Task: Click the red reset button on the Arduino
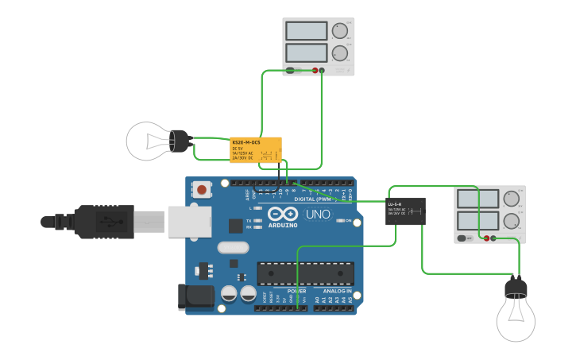click(x=203, y=190)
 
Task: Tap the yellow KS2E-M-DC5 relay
click(x=256, y=149)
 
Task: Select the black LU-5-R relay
click(x=405, y=211)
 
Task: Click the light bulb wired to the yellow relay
click(x=151, y=141)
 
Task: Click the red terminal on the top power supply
click(x=315, y=71)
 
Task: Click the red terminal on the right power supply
click(x=486, y=238)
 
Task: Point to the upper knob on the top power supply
click(x=340, y=31)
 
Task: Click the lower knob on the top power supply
click(x=340, y=54)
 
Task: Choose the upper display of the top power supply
click(x=307, y=31)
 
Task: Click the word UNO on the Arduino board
click(x=318, y=214)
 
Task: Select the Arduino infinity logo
click(x=282, y=214)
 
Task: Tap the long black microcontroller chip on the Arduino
click(x=305, y=273)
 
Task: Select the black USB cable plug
click(x=103, y=220)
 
